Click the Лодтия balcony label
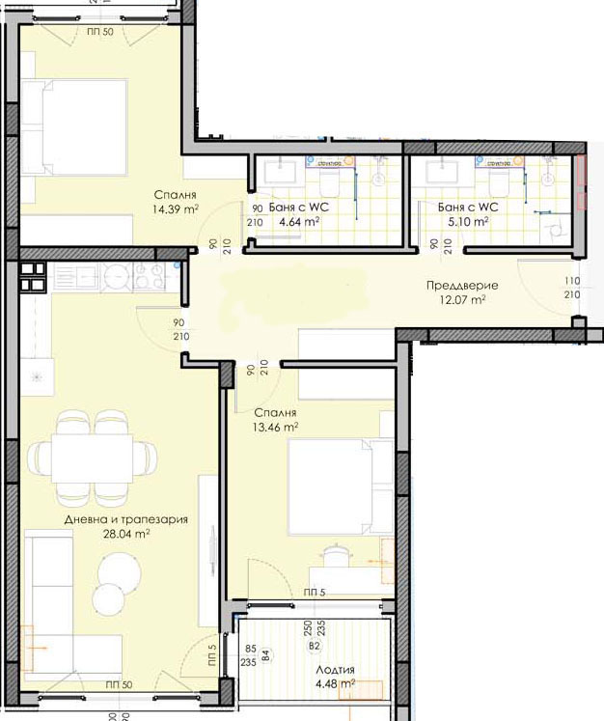334,670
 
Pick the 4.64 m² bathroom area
299,221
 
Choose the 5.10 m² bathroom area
467,221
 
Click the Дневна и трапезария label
124,519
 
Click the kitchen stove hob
151,277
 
